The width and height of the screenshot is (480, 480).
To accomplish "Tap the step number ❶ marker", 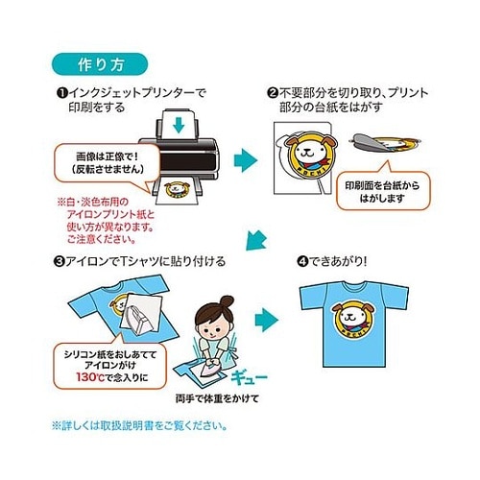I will pyautogui.click(x=60, y=92).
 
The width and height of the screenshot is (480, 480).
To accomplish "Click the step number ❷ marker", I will pyautogui.click(x=273, y=92).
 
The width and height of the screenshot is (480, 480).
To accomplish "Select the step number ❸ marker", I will pyautogui.click(x=60, y=260).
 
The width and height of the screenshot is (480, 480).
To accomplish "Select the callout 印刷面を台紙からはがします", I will pyautogui.click(x=380, y=191).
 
